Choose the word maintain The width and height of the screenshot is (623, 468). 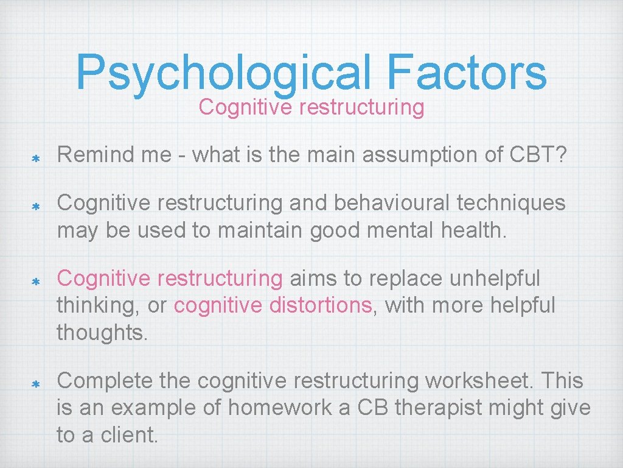[x=258, y=230]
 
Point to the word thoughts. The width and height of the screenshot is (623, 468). [x=102, y=332]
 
